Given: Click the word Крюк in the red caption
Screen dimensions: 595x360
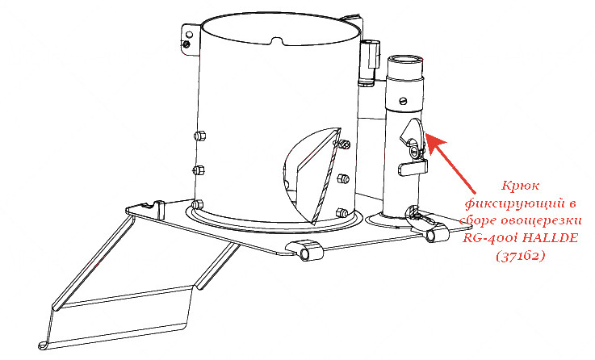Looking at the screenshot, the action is coord(520,186).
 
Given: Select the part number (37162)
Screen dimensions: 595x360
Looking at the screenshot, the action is coord(520,257).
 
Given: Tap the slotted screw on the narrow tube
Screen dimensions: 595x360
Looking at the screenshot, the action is coord(404,101).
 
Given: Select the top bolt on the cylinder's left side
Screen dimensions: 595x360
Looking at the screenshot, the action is coord(199,136).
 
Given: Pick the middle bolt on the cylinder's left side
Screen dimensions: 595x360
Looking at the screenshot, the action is coord(199,170).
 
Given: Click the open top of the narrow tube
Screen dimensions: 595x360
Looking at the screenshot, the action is coord(404,60).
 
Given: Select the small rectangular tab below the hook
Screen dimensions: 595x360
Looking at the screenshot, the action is coord(413,168).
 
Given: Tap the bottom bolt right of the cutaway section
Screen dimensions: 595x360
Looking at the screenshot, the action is coord(342,213).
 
